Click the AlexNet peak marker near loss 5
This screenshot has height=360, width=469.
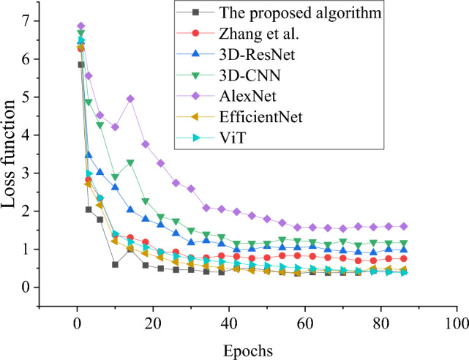pyautogui.click(x=130, y=98)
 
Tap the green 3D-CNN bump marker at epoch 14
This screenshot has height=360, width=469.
pyautogui.click(x=130, y=162)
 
